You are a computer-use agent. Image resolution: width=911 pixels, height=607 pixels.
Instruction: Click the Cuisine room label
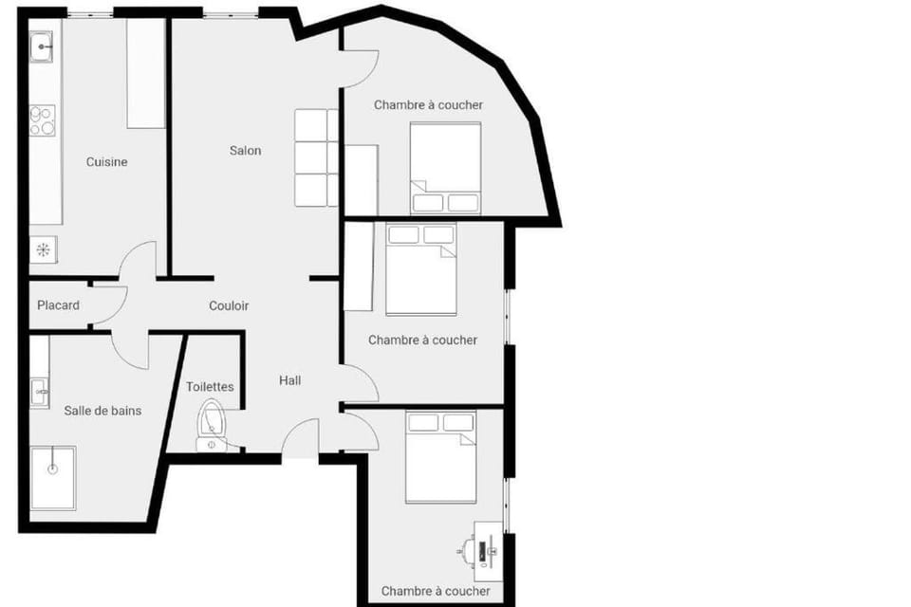click(106, 162)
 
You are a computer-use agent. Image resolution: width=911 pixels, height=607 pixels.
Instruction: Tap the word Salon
click(245, 151)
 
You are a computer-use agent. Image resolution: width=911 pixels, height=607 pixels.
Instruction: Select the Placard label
click(58, 305)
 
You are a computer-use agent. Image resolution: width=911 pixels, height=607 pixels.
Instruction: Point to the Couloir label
click(229, 305)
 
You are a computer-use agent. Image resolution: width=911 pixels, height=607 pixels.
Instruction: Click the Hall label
click(290, 380)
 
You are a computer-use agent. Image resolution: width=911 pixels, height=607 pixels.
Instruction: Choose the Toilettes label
click(210, 387)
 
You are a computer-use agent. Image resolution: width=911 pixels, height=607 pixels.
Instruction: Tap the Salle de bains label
click(102, 411)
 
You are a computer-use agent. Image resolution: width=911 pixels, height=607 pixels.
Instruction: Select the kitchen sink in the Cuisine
click(41, 46)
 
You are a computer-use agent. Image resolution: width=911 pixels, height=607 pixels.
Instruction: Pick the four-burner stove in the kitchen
click(43, 120)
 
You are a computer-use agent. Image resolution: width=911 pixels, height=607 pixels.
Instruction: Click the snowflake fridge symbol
click(43, 249)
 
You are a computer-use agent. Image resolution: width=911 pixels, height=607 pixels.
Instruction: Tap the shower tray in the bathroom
click(53, 478)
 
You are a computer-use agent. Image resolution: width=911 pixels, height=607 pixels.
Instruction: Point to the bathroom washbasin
click(40, 393)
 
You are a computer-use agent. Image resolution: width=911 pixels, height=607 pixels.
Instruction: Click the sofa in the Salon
click(316, 158)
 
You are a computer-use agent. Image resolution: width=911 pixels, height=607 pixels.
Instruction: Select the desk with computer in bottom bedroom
click(488, 551)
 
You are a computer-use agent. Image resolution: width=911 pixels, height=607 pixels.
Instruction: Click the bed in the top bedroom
click(446, 168)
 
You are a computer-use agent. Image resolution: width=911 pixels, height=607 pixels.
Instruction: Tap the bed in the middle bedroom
click(421, 269)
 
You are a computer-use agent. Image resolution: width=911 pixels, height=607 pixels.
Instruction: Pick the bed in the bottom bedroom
click(441, 457)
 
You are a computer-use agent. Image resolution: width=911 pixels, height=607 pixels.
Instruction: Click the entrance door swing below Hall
click(301, 438)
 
